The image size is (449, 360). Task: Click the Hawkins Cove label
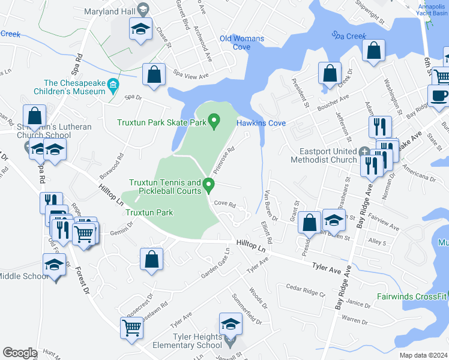[261, 123]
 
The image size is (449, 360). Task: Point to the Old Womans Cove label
[242, 43]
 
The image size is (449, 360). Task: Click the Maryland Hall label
[109, 10]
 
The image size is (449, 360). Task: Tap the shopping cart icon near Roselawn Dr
[132, 328]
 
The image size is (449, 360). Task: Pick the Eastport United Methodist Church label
[325, 155]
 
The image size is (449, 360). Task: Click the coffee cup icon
[438, 95]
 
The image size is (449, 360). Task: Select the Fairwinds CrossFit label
[412, 296]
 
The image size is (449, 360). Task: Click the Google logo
[20, 353]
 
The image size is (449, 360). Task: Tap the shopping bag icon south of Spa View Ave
[154, 75]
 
